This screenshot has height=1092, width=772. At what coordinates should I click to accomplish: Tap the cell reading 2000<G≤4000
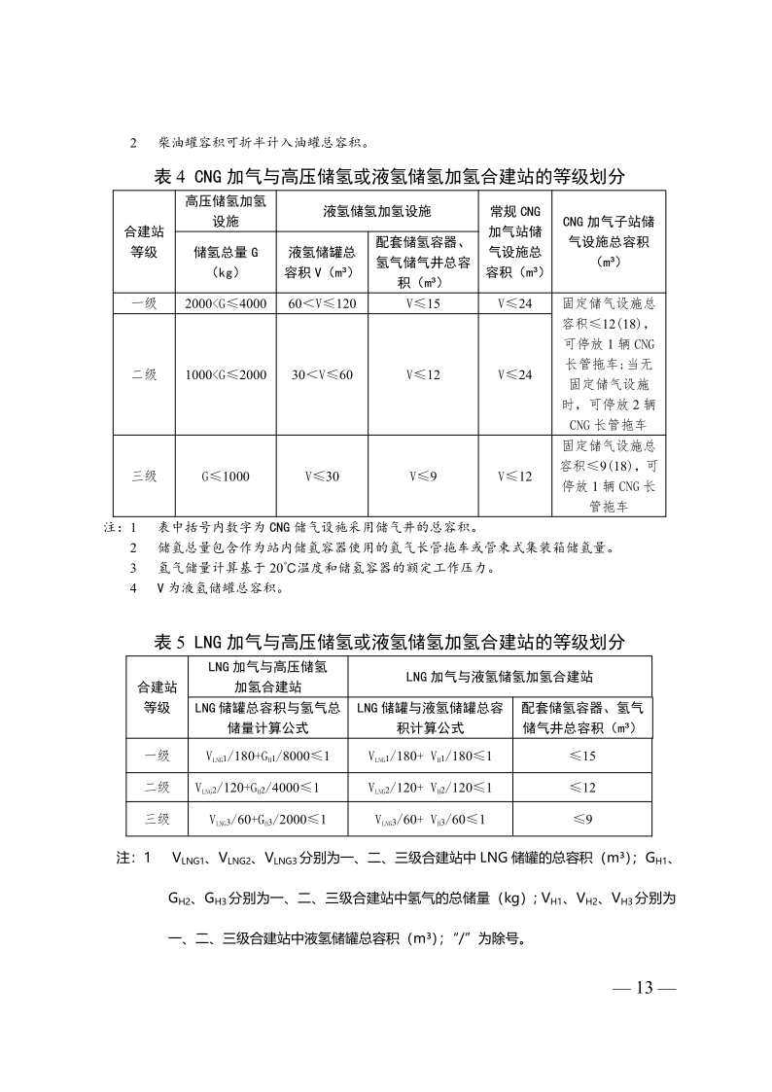click(226, 304)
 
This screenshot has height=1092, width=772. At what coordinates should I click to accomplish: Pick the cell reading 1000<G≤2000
click(226, 375)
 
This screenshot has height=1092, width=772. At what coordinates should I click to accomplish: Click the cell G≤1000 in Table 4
click(226, 476)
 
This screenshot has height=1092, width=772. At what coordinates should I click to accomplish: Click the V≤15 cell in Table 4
click(423, 304)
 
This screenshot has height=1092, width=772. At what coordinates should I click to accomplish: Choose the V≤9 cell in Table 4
click(423, 476)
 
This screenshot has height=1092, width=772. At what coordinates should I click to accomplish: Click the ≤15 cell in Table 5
click(582, 756)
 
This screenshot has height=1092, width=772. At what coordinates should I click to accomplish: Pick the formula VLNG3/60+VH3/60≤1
click(429, 820)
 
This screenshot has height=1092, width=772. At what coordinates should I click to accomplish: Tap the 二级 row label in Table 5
click(157, 788)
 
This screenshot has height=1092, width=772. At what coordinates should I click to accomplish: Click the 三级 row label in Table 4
click(144, 476)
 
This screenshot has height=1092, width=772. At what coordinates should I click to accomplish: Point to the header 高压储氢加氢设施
click(226, 210)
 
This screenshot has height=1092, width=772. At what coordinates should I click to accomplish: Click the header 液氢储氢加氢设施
click(376, 210)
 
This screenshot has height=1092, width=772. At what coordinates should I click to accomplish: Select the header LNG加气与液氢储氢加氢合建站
click(499, 675)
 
